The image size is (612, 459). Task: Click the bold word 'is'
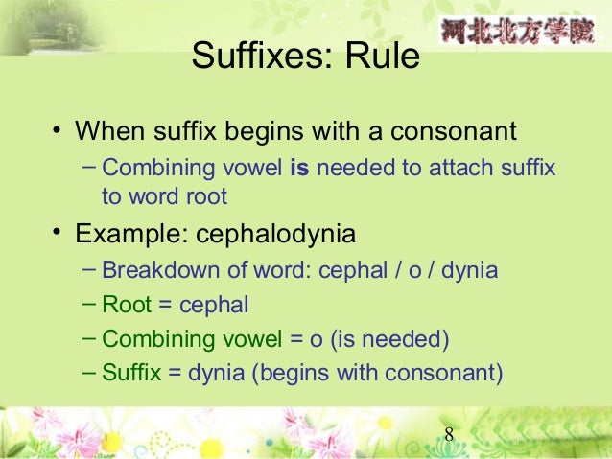pyautogui.click(x=298, y=170)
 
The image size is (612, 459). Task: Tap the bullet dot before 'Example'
pyautogui.click(x=58, y=232)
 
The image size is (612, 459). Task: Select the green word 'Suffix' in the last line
pyautogui.click(x=131, y=373)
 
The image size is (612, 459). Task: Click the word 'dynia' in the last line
pyautogui.click(x=217, y=373)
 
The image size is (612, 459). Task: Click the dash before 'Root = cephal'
pyautogui.click(x=89, y=303)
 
